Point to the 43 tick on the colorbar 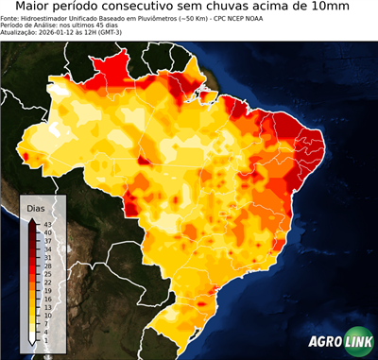coord(48,224)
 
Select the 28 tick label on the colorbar coord(48,266)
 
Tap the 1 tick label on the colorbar coord(46,339)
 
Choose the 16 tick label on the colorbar coord(48,299)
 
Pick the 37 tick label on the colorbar coord(48,241)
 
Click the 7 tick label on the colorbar coord(46,323)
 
